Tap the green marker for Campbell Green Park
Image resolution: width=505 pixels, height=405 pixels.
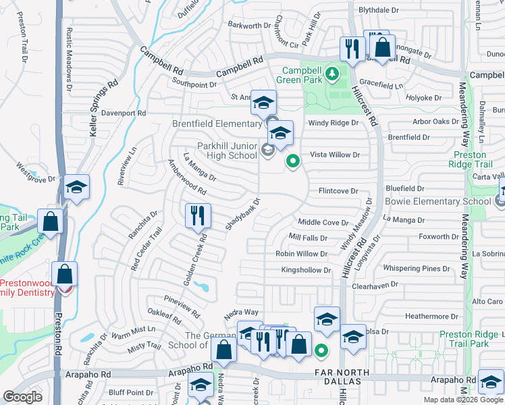click(331, 73)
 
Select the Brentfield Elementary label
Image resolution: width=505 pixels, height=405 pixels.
click(217, 124)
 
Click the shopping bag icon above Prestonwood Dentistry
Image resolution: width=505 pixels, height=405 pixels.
click(65, 274)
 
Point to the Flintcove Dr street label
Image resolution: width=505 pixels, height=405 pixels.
click(338, 191)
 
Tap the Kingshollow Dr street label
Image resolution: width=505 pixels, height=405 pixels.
click(307, 270)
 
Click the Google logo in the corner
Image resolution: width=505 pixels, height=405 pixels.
click(23, 397)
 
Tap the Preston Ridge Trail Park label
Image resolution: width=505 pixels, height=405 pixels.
click(464, 339)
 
